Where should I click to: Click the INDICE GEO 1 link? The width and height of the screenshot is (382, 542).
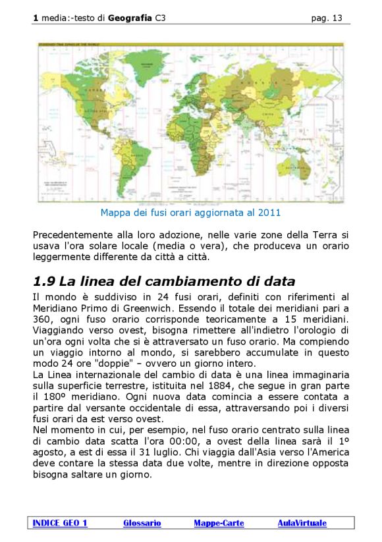[59, 523]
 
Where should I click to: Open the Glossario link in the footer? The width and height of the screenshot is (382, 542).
[142, 523]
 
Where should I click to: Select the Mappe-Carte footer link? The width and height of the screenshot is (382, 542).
[219, 523]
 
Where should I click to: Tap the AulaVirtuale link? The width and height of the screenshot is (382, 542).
[302, 523]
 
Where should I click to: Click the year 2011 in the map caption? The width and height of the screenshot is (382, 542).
[270, 213]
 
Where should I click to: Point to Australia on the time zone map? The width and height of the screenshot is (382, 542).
[296, 163]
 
